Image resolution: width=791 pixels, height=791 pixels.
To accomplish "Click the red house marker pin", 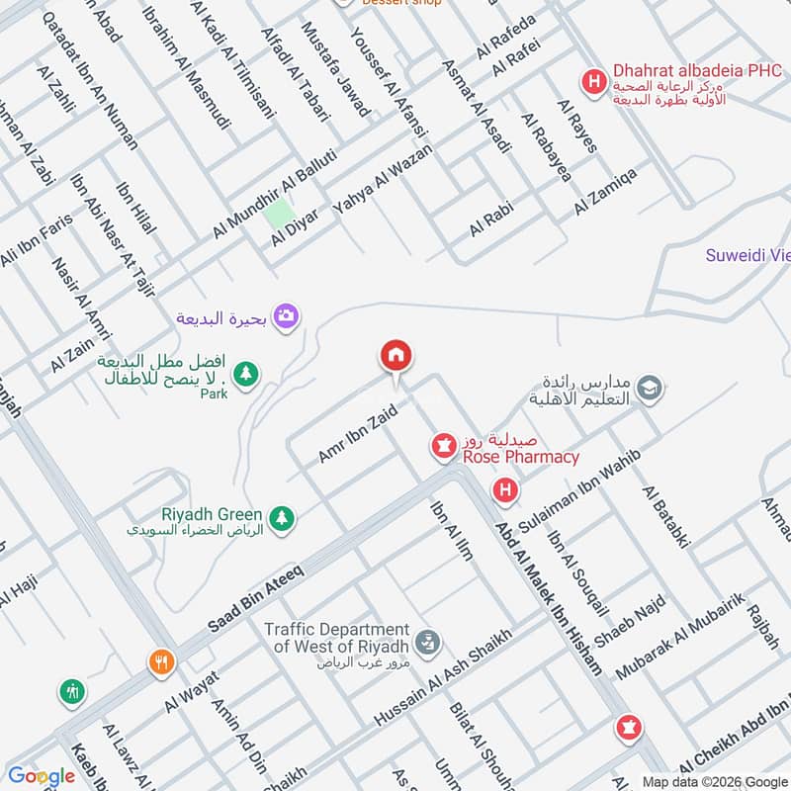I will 396,357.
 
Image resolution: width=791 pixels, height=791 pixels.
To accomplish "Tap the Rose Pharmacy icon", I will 442,447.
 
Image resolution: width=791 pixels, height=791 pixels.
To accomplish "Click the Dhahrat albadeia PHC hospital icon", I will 593,80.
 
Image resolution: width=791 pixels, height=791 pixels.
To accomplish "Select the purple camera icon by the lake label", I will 288,315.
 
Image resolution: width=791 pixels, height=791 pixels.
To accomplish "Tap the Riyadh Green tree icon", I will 282,517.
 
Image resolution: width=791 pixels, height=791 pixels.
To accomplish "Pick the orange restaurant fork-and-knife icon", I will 161,663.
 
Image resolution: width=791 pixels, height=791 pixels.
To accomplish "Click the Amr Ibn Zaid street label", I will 357,433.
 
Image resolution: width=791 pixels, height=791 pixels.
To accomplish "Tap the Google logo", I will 42,776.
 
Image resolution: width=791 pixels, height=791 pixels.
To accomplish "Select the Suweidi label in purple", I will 747,256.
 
